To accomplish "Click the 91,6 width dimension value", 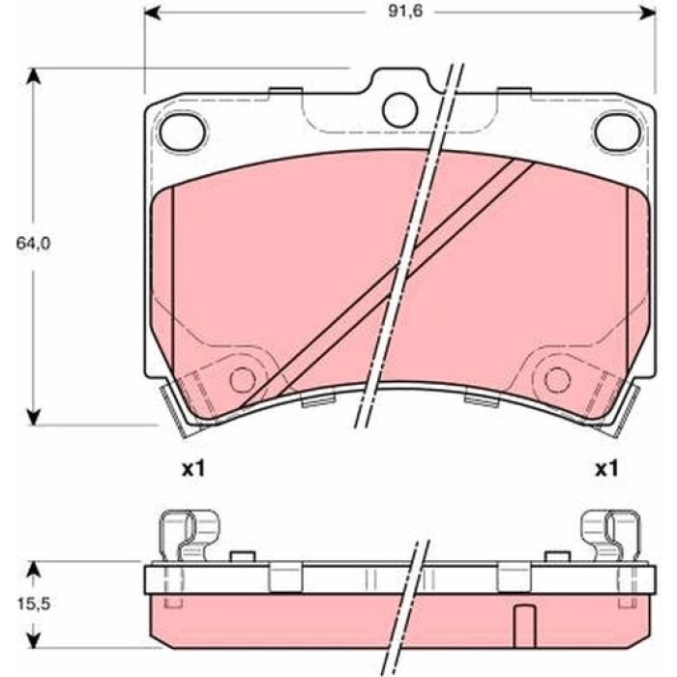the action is tap(399, 12).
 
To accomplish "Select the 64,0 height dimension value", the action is tap(33, 244).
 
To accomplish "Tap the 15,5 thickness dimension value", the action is tap(34, 604).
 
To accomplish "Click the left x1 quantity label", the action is tap(193, 468).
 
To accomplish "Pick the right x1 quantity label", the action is tap(606, 468).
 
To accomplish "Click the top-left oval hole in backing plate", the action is tap(182, 132).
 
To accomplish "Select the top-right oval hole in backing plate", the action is tap(617, 132).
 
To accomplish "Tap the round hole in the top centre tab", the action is tap(400, 109).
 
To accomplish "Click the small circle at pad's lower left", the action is tap(243, 380).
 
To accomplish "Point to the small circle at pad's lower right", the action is tap(558, 380).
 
